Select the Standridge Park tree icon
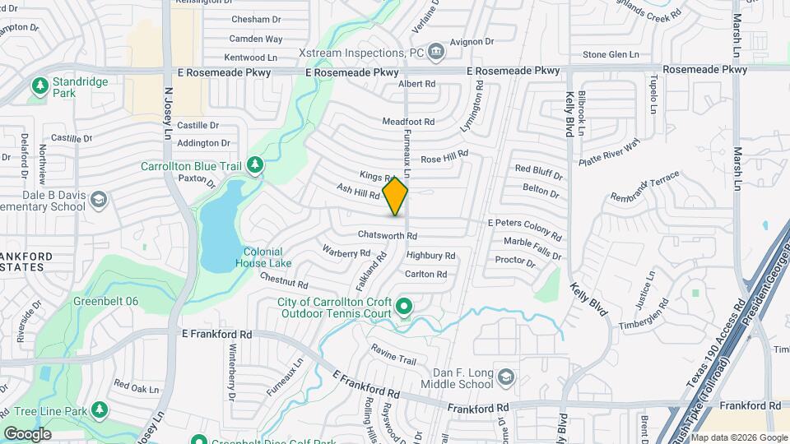pyautogui.click(x=39, y=86)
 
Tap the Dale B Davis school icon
pyautogui.click(x=99, y=200)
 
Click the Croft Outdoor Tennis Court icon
pyautogui.click(x=404, y=308)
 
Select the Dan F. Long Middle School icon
pyautogui.click(x=506, y=377)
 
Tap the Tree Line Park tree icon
pyautogui.click(x=100, y=409)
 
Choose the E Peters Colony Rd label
pyautogui.click(x=524, y=224)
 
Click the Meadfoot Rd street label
pyautogui.click(x=408, y=122)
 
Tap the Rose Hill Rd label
pyautogui.click(x=444, y=155)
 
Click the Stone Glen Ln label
pyautogui.click(x=611, y=54)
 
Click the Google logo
pyautogui.click(x=27, y=433)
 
